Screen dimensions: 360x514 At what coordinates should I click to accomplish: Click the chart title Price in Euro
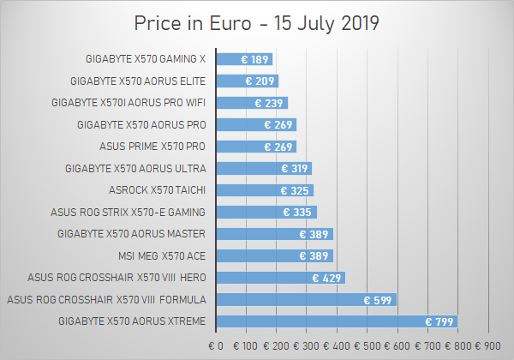(257, 21)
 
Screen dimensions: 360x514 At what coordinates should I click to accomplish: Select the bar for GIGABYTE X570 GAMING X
(244, 59)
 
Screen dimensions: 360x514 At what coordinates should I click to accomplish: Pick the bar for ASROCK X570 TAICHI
(265, 190)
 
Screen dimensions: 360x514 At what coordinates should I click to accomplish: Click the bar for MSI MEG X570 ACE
(274, 255)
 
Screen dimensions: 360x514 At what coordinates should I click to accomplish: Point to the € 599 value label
(378, 300)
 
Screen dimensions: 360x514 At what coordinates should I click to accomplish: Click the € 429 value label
(326, 278)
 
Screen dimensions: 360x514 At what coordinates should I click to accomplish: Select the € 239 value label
(269, 103)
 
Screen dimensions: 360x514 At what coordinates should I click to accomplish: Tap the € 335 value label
(298, 213)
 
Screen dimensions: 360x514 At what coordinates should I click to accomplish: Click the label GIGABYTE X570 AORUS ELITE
(138, 81)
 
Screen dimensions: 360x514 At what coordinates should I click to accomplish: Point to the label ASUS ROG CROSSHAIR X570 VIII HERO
(117, 278)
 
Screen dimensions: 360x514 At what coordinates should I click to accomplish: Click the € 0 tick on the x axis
(216, 346)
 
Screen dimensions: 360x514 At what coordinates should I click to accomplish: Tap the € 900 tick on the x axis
(489, 346)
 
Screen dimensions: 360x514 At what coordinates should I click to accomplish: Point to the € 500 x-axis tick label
(368, 346)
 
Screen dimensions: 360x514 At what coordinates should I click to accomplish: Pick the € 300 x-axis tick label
(307, 346)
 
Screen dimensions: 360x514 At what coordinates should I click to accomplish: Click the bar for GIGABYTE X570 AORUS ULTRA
(264, 169)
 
